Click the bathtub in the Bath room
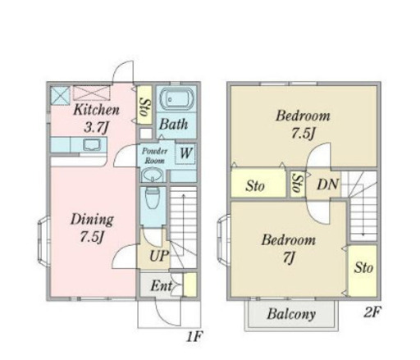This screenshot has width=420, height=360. (x=177, y=99)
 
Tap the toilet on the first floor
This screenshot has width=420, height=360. (x=153, y=198)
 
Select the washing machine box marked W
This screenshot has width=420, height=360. (x=185, y=153)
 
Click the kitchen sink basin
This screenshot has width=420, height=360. (x=92, y=144)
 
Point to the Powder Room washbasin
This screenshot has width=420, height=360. (x=153, y=175)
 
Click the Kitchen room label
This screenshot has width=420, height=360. (x=96, y=110)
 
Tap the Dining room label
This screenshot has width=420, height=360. (x=92, y=220)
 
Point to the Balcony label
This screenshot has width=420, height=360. (x=291, y=314)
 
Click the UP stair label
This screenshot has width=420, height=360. (x=159, y=256)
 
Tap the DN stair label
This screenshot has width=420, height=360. (x=328, y=185)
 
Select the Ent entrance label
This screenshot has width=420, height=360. (x=161, y=286)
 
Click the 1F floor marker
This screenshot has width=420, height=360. (x=194, y=336)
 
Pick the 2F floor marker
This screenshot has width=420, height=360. (x=372, y=312)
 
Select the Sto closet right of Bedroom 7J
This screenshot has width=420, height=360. (x=363, y=271)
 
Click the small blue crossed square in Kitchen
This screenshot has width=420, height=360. (x=61, y=95)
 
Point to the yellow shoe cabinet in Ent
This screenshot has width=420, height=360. (x=189, y=285)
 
